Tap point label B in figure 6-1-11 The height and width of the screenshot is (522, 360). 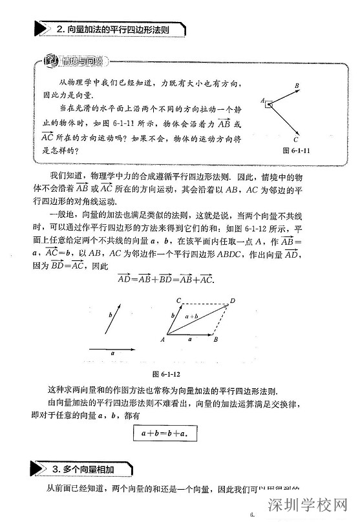click(x=297, y=85)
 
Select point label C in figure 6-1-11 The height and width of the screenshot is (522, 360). click(x=295, y=139)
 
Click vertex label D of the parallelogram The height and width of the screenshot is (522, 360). click(x=233, y=301)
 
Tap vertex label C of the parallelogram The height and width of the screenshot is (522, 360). click(x=178, y=300)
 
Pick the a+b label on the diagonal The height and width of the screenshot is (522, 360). click(x=192, y=317)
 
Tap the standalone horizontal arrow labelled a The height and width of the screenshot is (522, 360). click(x=114, y=349)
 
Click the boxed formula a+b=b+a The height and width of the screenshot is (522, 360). click(x=164, y=433)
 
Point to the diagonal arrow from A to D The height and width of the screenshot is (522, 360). click(x=197, y=320)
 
